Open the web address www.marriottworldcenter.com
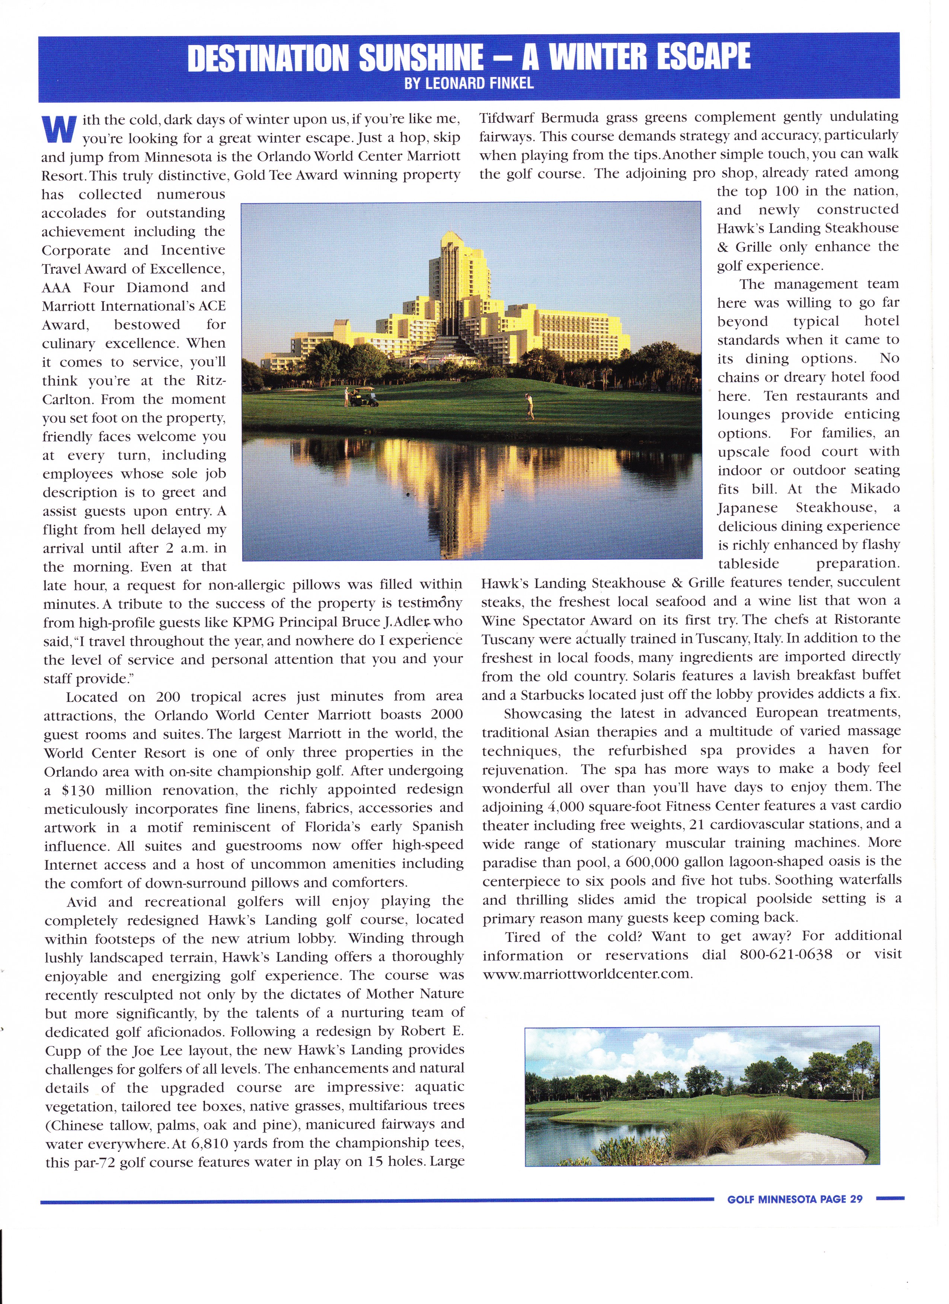click(x=586, y=974)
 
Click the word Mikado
click(x=874, y=489)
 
